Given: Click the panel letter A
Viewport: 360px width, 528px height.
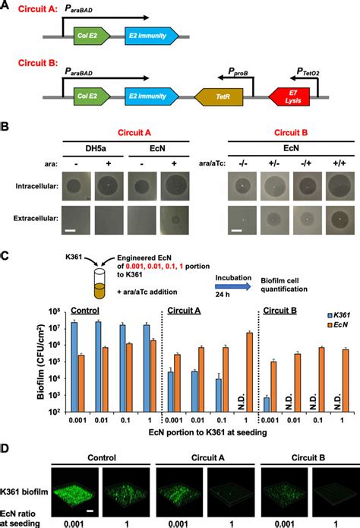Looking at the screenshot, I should click(7, 7).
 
